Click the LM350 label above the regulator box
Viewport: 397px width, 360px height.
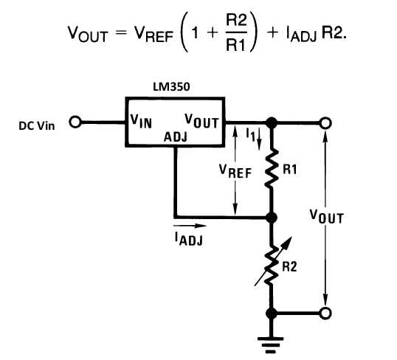click(171, 87)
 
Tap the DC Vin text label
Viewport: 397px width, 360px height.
click(37, 126)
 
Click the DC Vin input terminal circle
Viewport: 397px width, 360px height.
click(75, 122)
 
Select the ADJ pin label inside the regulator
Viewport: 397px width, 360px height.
click(176, 137)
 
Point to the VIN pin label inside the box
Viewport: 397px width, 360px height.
click(141, 121)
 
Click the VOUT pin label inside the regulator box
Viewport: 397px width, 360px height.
click(201, 121)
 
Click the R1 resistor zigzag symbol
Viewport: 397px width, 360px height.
click(272, 169)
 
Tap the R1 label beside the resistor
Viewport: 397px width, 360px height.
click(290, 169)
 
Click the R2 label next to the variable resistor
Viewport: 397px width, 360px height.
click(289, 266)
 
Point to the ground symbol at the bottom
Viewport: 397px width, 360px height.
click(271, 345)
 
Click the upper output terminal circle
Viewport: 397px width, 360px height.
click(325, 123)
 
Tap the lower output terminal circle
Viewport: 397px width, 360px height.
click(325, 314)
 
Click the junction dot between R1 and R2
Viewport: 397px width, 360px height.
click(272, 218)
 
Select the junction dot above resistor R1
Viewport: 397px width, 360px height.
click(272, 123)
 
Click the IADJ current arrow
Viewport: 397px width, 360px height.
click(190, 225)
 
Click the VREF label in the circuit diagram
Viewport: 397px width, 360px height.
click(235, 171)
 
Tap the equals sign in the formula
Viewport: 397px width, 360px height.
click(121, 33)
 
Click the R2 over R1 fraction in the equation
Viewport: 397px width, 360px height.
click(236, 32)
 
